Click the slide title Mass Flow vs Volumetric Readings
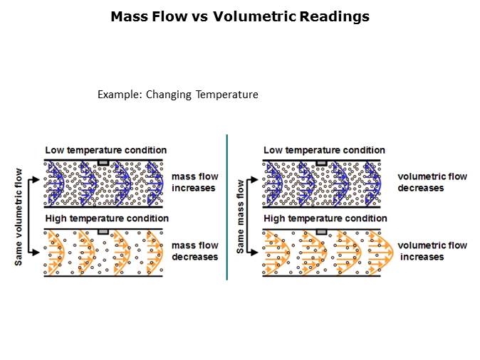[240, 16]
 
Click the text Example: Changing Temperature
[177, 95]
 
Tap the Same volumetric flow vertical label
[19, 217]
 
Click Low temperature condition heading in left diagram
[106, 150]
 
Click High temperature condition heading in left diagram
[107, 218]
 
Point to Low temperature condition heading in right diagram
[324, 150]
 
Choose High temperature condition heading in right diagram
[325, 218]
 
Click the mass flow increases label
[194, 182]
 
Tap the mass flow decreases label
[194, 251]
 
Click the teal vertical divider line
[226, 206]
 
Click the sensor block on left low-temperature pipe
[103, 163]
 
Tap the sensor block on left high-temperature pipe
[103, 232]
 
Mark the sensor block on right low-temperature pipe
[322, 163]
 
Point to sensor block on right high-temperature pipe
[322, 232]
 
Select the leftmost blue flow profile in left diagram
[54, 182]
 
